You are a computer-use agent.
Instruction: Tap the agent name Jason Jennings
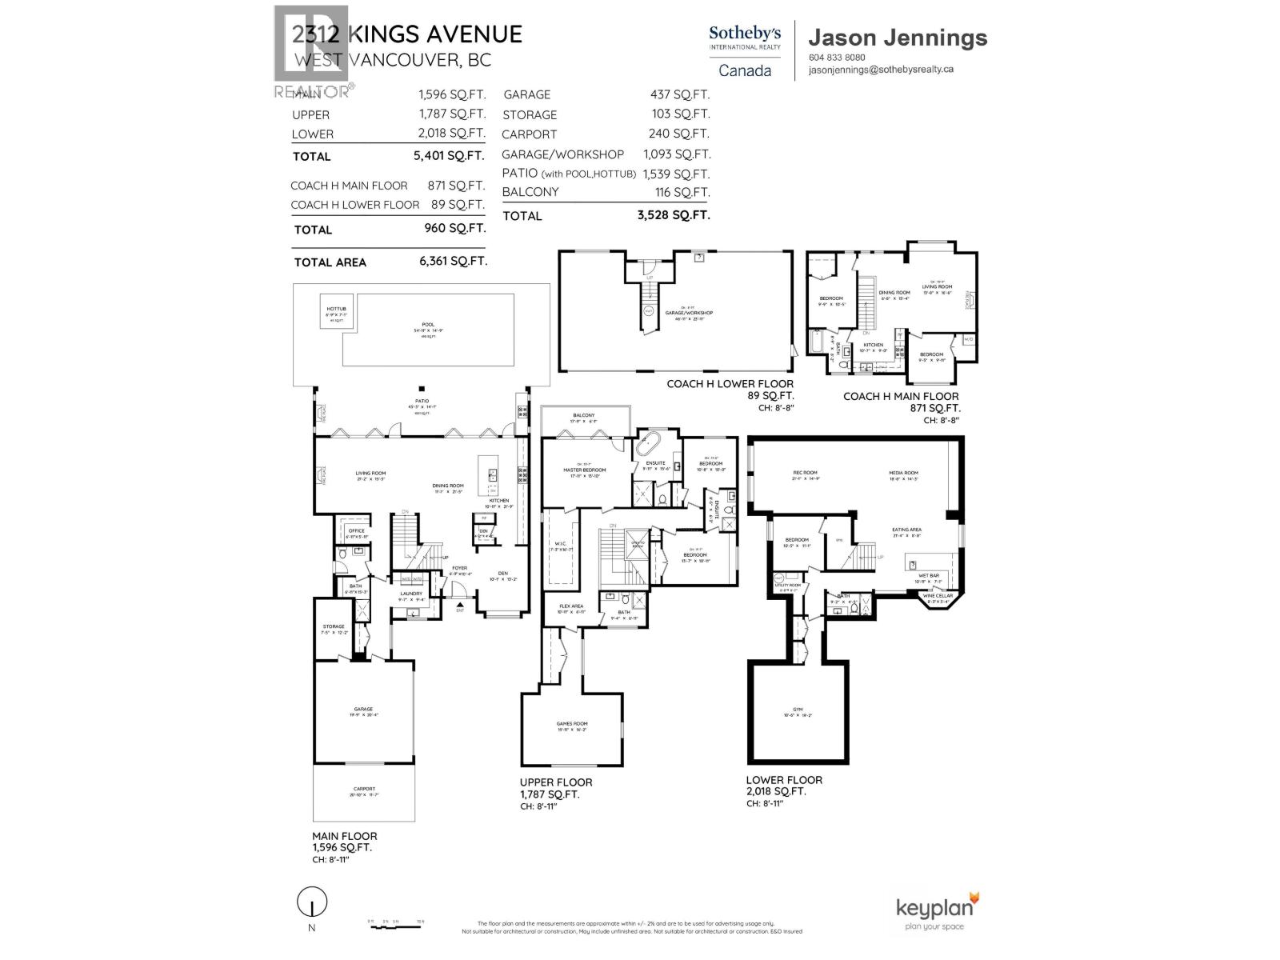click(898, 38)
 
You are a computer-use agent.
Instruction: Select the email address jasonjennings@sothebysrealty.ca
click(881, 70)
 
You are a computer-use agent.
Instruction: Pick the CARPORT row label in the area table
click(529, 134)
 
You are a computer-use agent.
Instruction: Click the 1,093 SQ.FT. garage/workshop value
click(676, 154)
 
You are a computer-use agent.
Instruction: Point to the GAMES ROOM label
click(571, 724)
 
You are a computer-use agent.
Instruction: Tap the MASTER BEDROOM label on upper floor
click(584, 470)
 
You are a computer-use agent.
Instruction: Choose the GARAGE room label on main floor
click(364, 709)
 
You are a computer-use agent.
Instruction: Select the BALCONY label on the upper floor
click(583, 416)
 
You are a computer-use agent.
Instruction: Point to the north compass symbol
click(312, 904)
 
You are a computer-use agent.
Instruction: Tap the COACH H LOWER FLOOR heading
click(730, 384)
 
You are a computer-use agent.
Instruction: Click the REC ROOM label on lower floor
click(805, 473)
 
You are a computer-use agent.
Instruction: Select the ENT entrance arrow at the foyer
click(460, 604)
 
